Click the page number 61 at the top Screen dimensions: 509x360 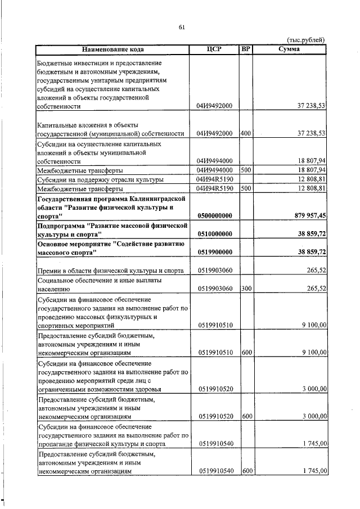click(182, 27)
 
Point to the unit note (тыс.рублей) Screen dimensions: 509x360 click(306, 39)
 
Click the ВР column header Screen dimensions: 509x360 click(245, 49)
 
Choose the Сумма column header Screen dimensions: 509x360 click(289, 49)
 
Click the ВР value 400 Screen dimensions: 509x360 click(245, 133)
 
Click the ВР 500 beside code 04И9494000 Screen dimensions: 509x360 click(245, 170)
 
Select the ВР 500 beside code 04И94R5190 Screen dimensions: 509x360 click(245, 188)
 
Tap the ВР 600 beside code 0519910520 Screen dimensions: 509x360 click(246, 417)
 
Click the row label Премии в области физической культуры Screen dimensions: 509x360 click(110, 271)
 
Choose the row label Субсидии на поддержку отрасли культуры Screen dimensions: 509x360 click(100, 179)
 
